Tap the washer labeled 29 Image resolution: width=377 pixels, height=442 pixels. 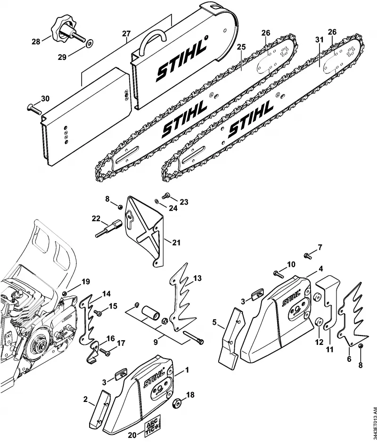[x=90, y=43]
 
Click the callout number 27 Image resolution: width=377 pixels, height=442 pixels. [x=126, y=33]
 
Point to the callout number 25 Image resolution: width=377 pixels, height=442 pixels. [x=241, y=47]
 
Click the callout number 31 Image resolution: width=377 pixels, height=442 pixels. [x=319, y=40]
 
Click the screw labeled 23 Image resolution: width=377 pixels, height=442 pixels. [x=166, y=195]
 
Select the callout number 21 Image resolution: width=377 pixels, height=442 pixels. [x=176, y=242]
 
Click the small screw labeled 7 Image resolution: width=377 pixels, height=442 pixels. [x=307, y=256]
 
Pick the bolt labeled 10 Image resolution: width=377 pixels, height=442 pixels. [x=279, y=273]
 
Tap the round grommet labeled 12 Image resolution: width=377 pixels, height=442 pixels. [x=319, y=322]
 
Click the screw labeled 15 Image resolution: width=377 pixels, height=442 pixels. [x=98, y=312]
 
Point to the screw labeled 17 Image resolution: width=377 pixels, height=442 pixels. [x=104, y=352]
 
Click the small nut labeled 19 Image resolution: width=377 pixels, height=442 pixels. [x=66, y=294]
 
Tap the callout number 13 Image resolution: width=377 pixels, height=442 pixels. [x=197, y=278]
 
